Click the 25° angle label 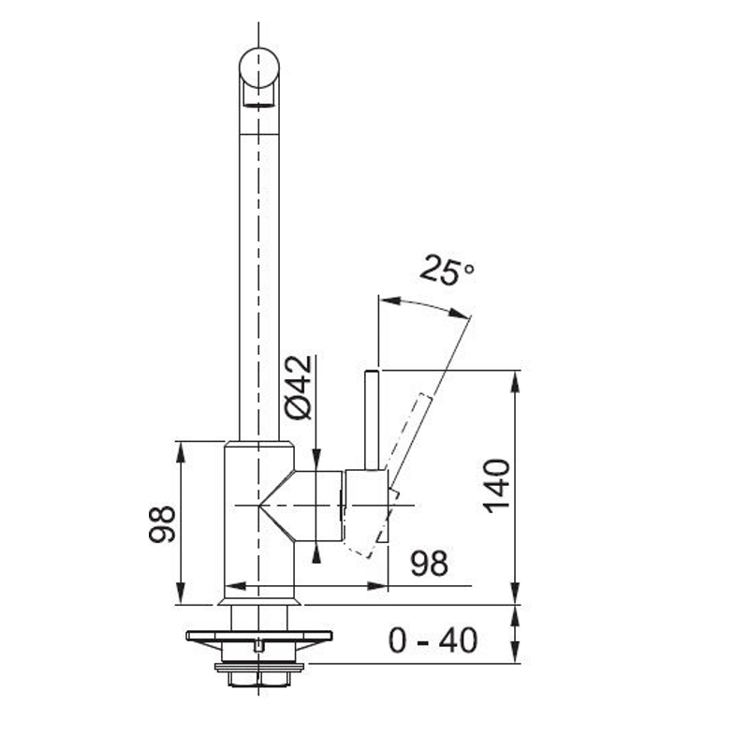(x=447, y=270)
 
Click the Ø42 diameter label (x=298, y=388)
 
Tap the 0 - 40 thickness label (x=433, y=640)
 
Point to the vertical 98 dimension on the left (x=162, y=524)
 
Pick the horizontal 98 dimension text (x=430, y=564)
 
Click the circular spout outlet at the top (x=259, y=67)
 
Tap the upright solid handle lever (x=372, y=419)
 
